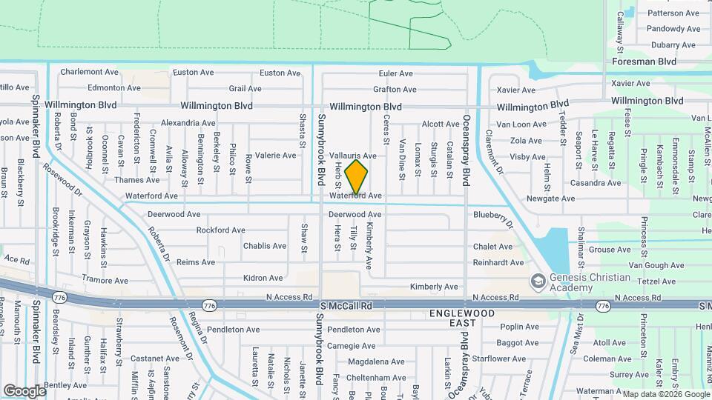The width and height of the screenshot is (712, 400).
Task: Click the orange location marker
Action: (357, 177)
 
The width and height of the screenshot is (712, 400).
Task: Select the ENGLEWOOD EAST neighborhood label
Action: (462, 319)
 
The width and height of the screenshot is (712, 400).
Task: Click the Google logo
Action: (24, 390)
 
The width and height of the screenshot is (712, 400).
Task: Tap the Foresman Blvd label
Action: (644, 62)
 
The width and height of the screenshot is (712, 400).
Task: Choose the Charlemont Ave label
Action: (90, 73)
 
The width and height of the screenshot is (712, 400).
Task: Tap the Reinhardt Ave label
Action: (498, 262)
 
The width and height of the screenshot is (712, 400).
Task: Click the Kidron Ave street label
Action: (263, 279)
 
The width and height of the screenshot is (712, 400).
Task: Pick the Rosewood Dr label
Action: (64, 179)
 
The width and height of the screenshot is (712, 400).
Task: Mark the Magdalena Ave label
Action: (376, 362)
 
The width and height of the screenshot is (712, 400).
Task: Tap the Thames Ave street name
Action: (137, 180)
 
